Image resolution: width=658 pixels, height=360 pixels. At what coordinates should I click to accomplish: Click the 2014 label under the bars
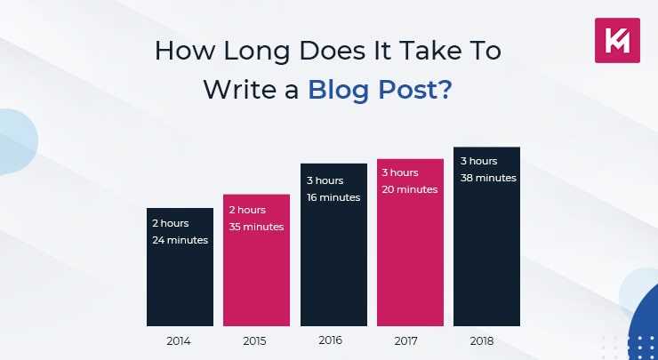(x=180, y=340)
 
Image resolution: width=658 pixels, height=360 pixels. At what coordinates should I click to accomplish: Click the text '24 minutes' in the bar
(x=181, y=240)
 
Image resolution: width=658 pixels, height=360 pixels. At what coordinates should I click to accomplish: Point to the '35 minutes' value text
(x=257, y=227)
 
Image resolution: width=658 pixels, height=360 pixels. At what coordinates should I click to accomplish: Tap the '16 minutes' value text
(x=333, y=197)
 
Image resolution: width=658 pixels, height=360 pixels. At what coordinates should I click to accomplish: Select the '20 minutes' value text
(x=410, y=189)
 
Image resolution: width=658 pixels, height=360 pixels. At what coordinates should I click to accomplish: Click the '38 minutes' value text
(x=488, y=178)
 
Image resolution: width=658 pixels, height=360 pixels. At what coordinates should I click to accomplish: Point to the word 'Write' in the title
(x=237, y=90)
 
